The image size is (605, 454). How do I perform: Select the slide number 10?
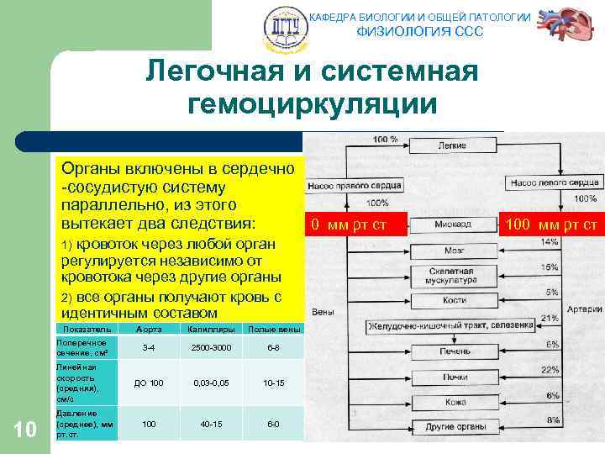click(x=26, y=430)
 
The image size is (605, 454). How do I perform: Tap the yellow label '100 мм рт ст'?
click(x=552, y=224)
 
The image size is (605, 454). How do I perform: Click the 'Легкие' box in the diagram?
click(x=454, y=145)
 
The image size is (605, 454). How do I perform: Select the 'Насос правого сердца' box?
click(x=355, y=184)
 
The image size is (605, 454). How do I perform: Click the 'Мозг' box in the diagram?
click(x=455, y=251)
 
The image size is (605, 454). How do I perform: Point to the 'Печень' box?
click(x=454, y=351)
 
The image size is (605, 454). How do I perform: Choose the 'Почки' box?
click(x=454, y=377)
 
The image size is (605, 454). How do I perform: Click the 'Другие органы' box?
click(x=454, y=427)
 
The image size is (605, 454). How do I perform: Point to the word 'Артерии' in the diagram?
click(x=585, y=309)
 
